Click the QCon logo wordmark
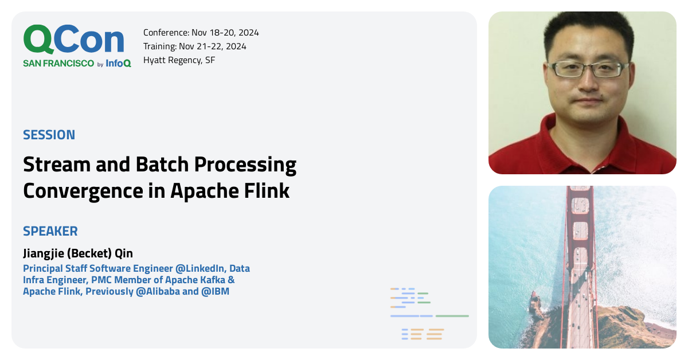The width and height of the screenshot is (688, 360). [x=74, y=40]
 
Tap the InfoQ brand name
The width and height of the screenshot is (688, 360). [x=118, y=63]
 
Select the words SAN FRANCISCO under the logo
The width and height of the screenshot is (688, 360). [x=58, y=63]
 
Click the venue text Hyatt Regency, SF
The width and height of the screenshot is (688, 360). [x=179, y=60]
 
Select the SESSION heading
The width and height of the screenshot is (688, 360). [x=49, y=135]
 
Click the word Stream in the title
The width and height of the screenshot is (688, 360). [x=57, y=165]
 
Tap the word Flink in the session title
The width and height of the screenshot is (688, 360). [x=267, y=191]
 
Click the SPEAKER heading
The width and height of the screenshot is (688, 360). [x=50, y=231]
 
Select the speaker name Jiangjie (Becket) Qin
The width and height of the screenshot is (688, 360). [x=78, y=254]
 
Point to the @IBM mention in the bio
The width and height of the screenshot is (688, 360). [x=216, y=291]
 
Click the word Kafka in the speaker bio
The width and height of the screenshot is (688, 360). [x=213, y=280]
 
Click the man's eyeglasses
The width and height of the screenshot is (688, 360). [x=588, y=70]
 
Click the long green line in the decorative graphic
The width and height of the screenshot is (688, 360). [x=452, y=316]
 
